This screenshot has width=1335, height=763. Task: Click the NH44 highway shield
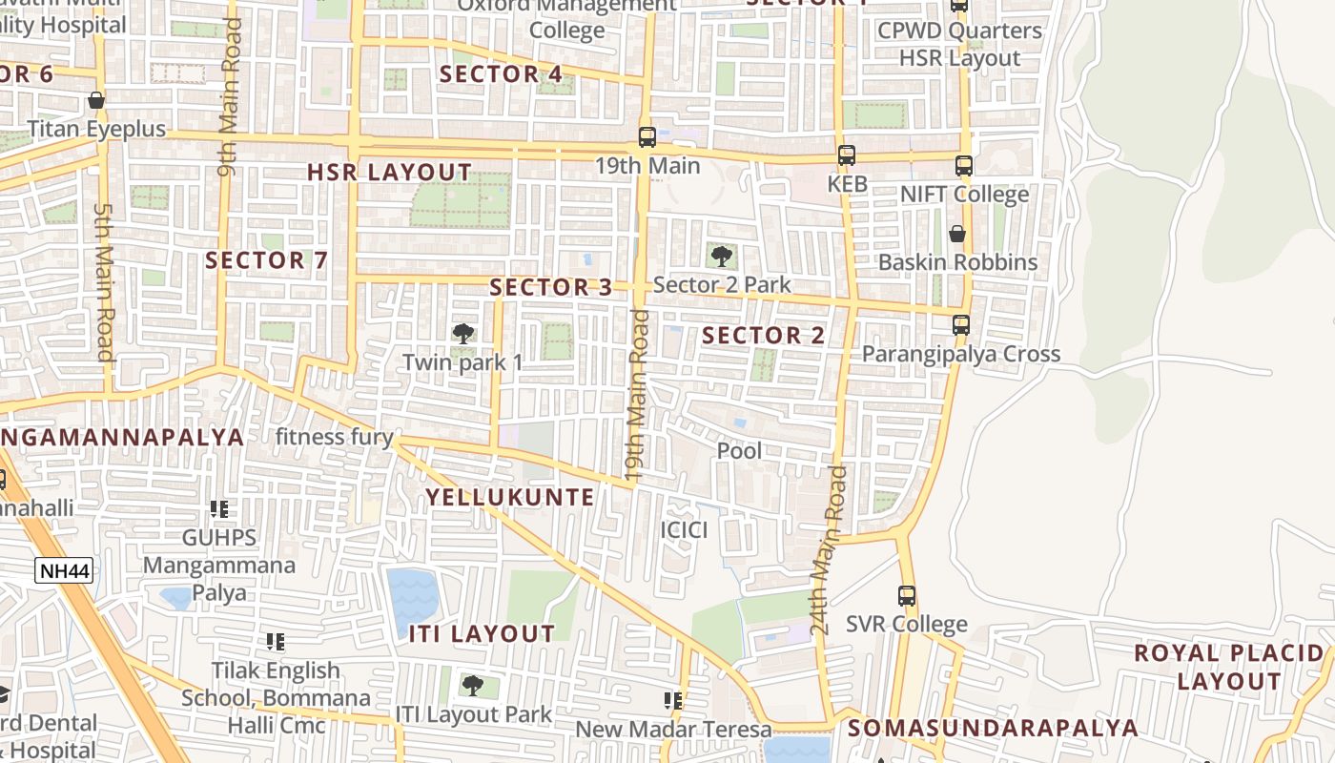coord(64,570)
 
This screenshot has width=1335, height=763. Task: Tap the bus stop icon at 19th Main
coord(647,137)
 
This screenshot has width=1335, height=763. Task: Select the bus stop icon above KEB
coord(846,155)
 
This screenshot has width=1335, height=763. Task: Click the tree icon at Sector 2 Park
coord(722,256)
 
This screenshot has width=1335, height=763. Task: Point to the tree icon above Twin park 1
coord(463,334)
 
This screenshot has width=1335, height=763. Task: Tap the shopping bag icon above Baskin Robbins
coord(957,234)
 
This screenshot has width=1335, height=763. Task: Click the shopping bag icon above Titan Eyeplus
coord(95,100)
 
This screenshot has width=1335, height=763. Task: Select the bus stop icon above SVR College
coord(907,596)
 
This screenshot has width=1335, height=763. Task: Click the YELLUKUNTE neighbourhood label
coord(509,497)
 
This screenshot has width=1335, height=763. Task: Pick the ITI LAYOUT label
coord(482,634)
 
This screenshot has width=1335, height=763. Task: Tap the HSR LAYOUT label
coord(389,173)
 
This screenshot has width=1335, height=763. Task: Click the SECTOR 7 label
coord(266,259)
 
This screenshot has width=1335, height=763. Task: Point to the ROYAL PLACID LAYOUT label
coord(1229,668)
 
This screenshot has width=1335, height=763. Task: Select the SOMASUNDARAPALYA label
coord(993,729)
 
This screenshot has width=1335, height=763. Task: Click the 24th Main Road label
coord(827,551)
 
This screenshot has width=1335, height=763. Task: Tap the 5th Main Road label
coord(104,281)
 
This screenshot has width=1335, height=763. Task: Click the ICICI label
coord(684,529)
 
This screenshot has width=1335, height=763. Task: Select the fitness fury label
coord(334,438)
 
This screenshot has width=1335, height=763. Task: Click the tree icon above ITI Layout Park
coord(472,686)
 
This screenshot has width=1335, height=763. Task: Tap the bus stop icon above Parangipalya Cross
coord(961,325)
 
